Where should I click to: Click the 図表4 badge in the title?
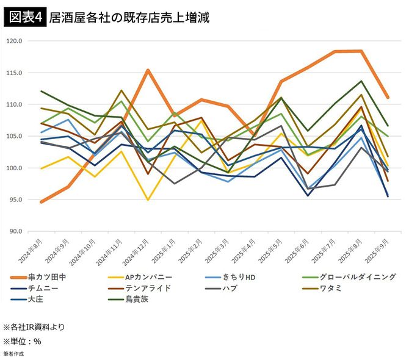coord(24,17)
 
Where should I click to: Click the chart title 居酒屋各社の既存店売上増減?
coord(129,17)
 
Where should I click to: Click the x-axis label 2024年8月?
coord(32,250)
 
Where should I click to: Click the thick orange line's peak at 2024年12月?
coord(148,70)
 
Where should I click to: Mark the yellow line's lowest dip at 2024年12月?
coord(148,200)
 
